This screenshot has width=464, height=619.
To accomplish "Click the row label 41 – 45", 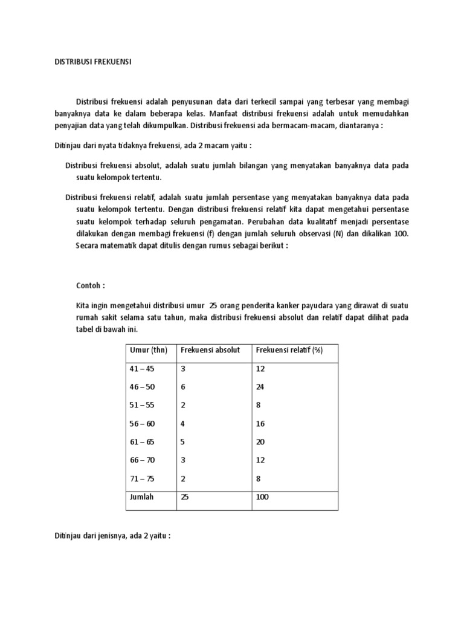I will pos(142,368).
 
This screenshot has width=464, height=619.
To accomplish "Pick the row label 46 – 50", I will pos(142,387).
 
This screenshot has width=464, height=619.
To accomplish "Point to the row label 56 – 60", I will pos(142,424).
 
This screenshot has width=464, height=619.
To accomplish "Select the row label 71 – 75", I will pos(142,479).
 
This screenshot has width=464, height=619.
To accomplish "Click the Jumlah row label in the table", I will pos(142,497).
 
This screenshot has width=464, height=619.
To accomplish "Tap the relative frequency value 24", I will pos(260,387).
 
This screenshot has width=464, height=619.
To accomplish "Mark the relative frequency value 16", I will pos(260,424).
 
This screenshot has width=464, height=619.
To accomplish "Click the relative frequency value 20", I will pos(260,442).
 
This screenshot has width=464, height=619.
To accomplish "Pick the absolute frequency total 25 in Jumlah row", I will pos(184,497).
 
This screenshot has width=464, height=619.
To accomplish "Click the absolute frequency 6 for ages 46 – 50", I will pos(182,387).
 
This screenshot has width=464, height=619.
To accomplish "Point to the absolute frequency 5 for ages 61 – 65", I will pos(182,442).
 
